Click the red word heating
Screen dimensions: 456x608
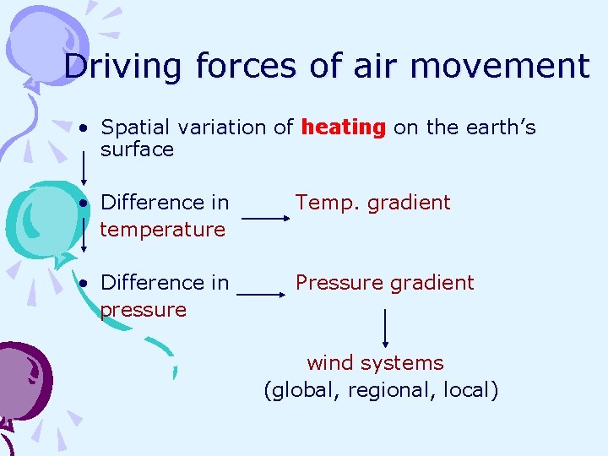coord(343,128)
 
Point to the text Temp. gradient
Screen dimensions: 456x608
coord(372,203)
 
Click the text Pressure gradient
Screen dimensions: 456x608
coord(384,283)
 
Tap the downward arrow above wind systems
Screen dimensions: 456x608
coord(385,328)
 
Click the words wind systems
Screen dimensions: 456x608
coord(375,363)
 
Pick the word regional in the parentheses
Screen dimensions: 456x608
coord(383,391)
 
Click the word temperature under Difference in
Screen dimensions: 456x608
coord(162,230)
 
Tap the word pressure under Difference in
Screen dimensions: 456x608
coord(143,310)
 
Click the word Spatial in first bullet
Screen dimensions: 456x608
coord(129,128)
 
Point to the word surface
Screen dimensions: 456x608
coord(137,150)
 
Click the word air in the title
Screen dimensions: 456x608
coord(377,67)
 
